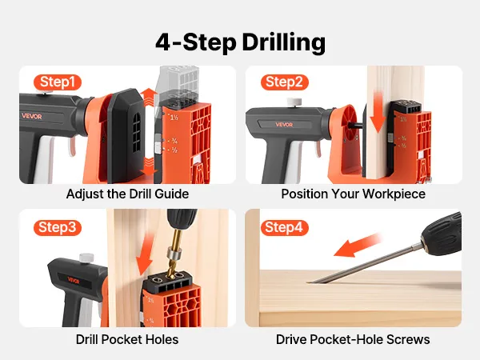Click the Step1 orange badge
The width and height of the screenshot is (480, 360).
(x=58, y=82)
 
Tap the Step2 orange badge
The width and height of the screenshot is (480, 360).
(x=284, y=82)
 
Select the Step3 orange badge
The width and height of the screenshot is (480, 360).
(x=58, y=227)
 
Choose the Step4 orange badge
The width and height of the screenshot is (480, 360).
(x=284, y=227)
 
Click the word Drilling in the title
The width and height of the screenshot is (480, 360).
(x=283, y=42)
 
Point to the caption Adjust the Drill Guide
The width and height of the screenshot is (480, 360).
(x=127, y=194)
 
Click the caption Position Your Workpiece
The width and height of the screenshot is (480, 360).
(x=354, y=194)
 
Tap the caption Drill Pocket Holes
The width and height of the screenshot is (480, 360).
(x=127, y=339)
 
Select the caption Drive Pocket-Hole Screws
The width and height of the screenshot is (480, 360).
(x=353, y=339)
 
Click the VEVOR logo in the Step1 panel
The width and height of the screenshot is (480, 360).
(x=32, y=116)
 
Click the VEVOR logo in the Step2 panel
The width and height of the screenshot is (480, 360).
(x=284, y=125)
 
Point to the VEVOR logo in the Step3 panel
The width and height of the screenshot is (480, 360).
(x=74, y=280)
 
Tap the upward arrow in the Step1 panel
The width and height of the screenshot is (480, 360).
(x=149, y=97)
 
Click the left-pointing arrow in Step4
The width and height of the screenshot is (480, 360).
(x=358, y=246)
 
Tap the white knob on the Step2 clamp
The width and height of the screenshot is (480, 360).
(x=294, y=102)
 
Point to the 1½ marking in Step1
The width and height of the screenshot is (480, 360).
(x=174, y=118)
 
